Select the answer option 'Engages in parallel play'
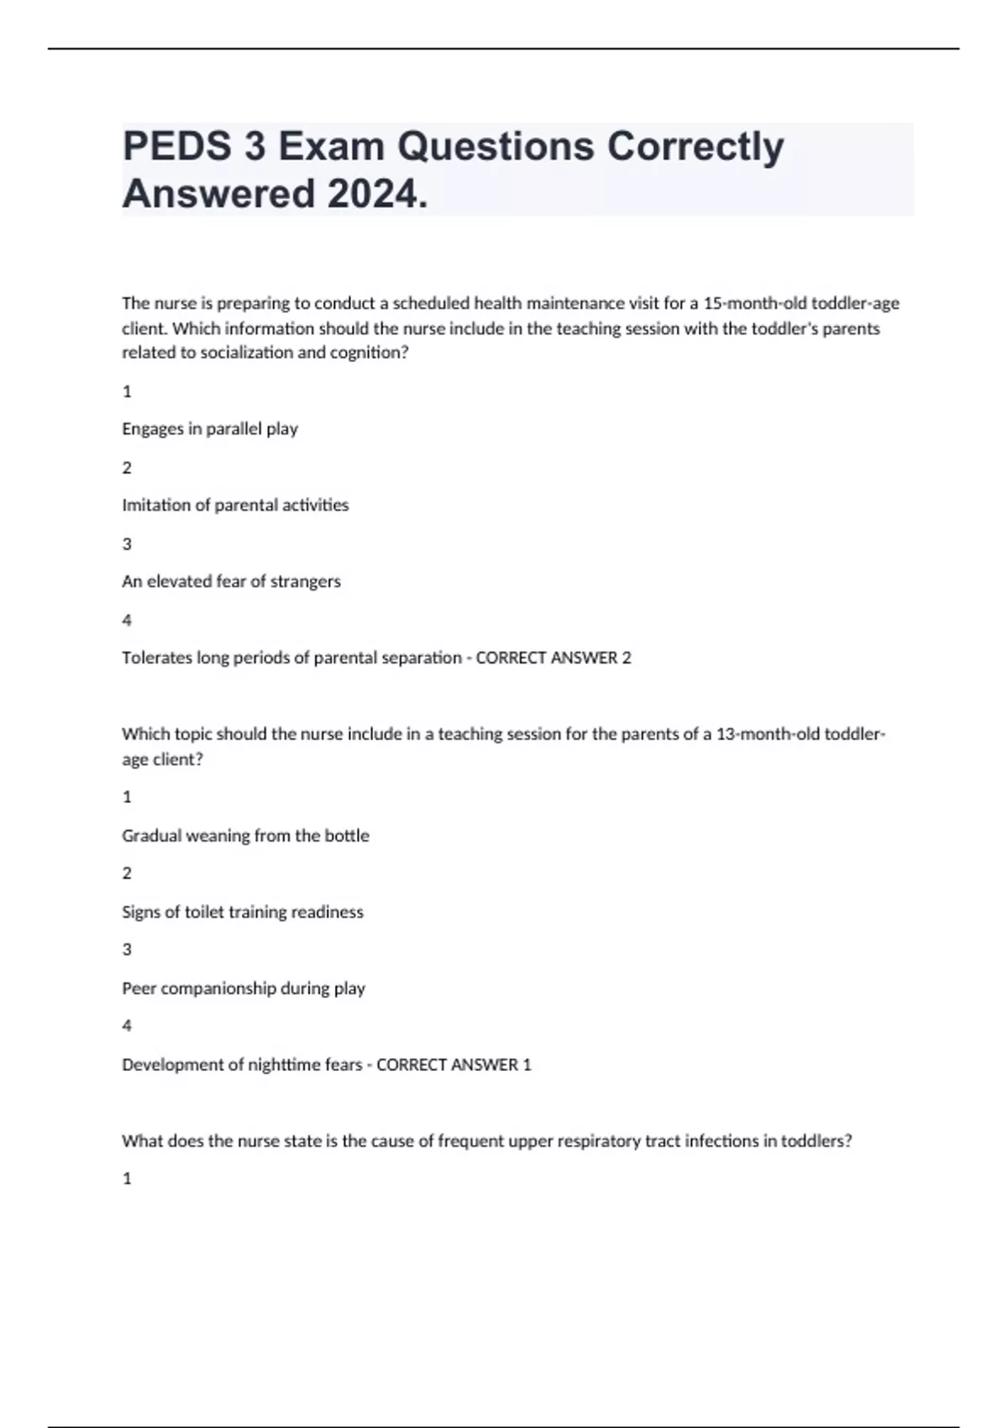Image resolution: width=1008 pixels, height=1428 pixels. [x=210, y=428]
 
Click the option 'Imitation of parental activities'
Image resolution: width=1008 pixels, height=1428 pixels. [x=235, y=505]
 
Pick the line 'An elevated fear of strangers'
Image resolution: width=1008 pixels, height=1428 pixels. [x=231, y=581]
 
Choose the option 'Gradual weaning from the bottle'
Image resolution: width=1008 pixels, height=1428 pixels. [x=245, y=836]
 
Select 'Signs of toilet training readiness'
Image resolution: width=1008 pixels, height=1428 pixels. [x=243, y=912]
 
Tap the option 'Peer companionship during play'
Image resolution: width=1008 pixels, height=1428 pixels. [x=244, y=989]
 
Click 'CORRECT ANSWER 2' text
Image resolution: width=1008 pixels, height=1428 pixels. [x=554, y=658]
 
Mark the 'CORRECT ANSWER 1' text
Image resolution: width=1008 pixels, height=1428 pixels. [x=454, y=1065]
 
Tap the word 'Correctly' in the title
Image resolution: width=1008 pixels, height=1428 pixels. [x=696, y=147]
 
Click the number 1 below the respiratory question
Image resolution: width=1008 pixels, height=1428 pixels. [x=127, y=1179]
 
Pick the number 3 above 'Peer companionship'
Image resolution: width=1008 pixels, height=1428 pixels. [x=127, y=950]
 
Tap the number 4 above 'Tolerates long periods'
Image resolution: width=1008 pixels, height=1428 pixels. [x=127, y=620]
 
